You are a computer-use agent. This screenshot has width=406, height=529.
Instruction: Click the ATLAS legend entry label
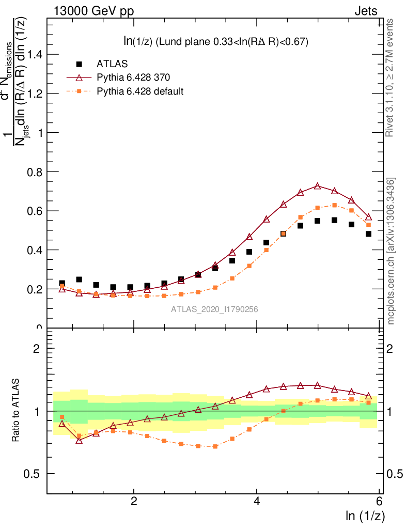tap(112, 64)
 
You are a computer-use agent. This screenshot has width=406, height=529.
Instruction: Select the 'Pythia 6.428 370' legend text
tap(133, 77)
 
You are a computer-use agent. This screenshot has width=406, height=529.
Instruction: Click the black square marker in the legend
tap(79, 64)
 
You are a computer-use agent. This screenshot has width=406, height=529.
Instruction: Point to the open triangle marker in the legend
tap(79, 77)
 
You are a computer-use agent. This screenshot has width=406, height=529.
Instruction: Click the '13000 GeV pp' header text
tap(93, 11)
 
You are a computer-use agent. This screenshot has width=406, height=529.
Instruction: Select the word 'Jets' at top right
tap(366, 11)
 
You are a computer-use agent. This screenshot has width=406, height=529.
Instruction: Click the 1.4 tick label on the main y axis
tap(34, 54)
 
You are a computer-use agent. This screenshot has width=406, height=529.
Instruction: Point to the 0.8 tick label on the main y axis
tap(34, 172)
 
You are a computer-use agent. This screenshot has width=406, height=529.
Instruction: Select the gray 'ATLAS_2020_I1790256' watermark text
tap(215, 309)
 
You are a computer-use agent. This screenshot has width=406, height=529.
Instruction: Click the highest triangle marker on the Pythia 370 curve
tap(317, 186)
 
